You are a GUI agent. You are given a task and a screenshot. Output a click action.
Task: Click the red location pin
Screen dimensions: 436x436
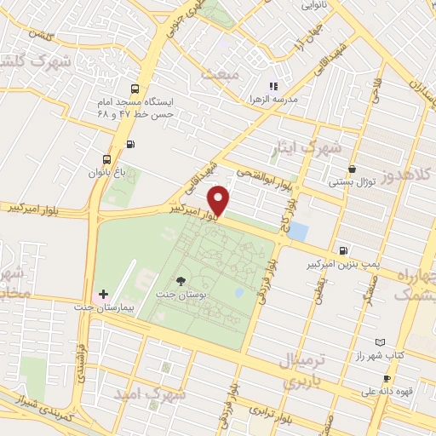220,200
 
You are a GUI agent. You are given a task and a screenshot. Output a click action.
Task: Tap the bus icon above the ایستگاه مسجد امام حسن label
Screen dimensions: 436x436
135,89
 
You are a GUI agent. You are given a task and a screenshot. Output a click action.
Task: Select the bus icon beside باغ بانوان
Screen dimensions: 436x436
106,159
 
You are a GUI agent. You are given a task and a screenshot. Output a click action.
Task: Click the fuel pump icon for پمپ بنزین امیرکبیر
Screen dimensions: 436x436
342,250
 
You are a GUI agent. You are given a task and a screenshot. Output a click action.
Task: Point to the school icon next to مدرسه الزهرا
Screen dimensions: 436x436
273,85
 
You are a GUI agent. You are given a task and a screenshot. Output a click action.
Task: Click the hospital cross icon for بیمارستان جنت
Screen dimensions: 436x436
104,293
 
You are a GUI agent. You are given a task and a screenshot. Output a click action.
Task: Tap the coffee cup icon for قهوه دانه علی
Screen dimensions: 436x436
387,378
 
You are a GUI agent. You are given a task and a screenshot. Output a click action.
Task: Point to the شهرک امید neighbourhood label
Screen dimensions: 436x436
144,394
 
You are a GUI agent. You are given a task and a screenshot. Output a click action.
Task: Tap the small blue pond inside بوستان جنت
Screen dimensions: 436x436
238,293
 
